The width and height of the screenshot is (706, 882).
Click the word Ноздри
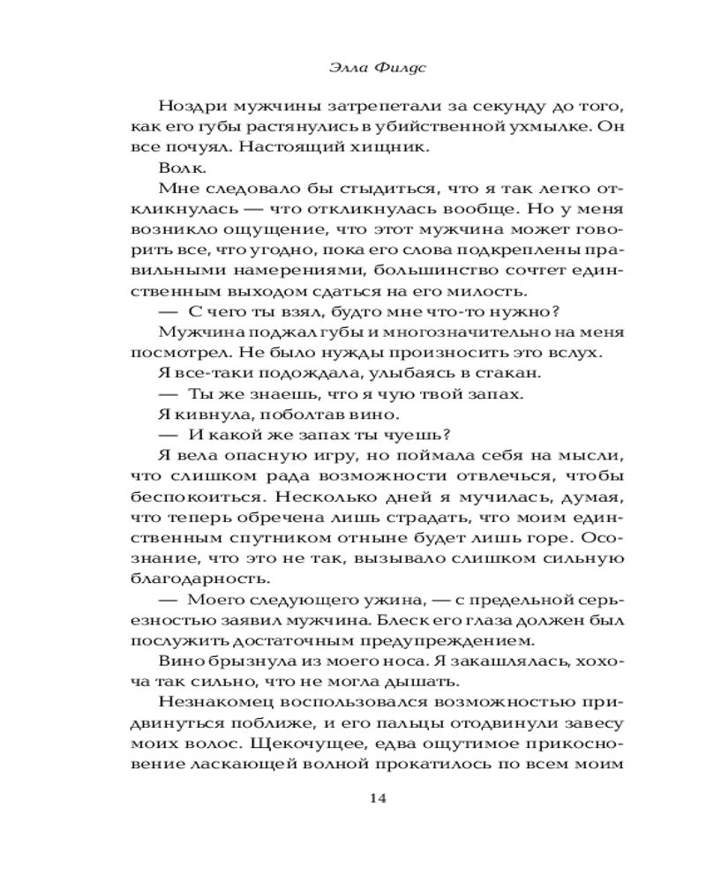pyautogui.click(x=190, y=106)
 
